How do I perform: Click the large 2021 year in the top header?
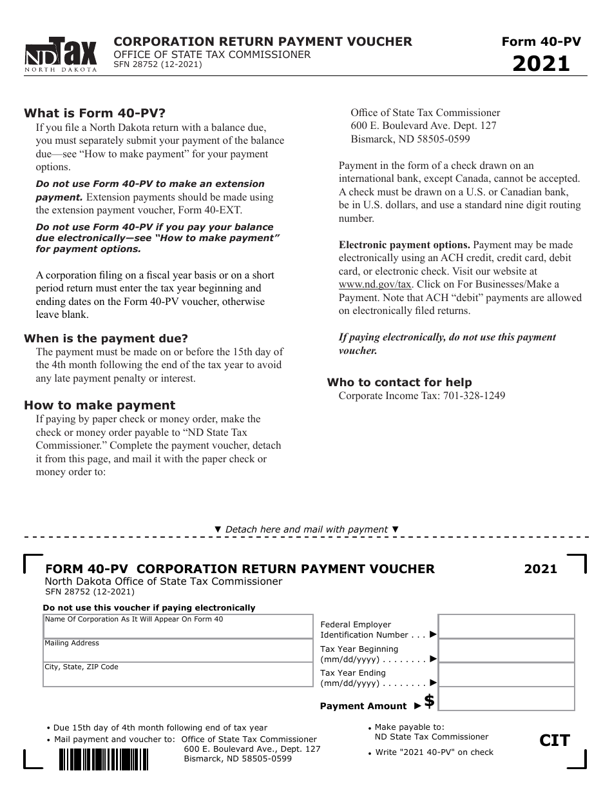541,64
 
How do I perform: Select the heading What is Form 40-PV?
95,113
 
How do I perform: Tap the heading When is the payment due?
106,338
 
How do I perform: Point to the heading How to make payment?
99,405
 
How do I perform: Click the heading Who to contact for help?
399,382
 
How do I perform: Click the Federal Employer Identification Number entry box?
506,627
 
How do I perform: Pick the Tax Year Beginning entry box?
506,651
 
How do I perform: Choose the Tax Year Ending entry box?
506,674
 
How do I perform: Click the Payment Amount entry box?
506,699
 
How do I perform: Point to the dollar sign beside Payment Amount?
429,701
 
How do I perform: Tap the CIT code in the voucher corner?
555,741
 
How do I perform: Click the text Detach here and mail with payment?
307,529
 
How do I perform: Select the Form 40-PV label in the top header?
541,42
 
